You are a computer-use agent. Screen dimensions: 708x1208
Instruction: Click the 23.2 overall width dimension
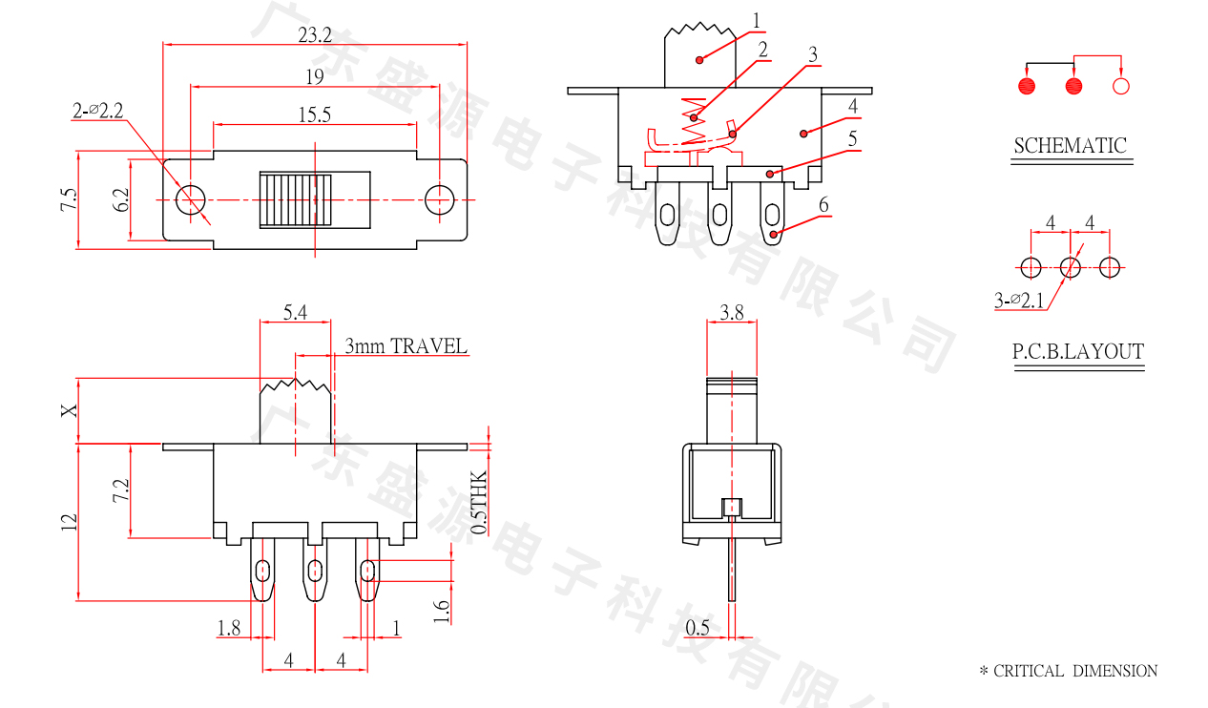(314, 35)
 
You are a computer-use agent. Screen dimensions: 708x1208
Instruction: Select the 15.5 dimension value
(314, 115)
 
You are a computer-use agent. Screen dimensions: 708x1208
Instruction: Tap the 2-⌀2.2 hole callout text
(98, 112)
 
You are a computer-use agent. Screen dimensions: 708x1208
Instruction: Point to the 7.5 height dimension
(68, 200)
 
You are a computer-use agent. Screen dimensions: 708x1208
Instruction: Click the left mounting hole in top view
(191, 200)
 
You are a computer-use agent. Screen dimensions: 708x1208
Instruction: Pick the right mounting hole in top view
(439, 200)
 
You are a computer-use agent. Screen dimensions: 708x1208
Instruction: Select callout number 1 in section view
(757, 20)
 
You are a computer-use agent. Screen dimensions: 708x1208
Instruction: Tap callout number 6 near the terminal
(823, 205)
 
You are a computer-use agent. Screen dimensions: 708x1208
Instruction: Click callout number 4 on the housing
(852, 106)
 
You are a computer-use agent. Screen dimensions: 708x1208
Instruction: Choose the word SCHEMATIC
(1070, 146)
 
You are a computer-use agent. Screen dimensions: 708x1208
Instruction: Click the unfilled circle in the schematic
(1121, 87)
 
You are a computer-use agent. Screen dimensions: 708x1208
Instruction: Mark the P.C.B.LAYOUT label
(1077, 352)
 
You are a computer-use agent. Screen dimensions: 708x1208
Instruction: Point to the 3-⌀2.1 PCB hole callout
(1019, 302)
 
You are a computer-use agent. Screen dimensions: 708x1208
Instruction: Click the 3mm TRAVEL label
(406, 345)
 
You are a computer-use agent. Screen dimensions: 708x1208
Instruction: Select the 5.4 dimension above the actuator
(295, 312)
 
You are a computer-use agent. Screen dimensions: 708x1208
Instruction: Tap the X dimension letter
(68, 410)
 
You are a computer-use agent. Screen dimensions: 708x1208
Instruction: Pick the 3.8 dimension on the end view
(732, 312)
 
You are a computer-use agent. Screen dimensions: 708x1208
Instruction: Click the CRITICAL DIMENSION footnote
(1069, 671)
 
